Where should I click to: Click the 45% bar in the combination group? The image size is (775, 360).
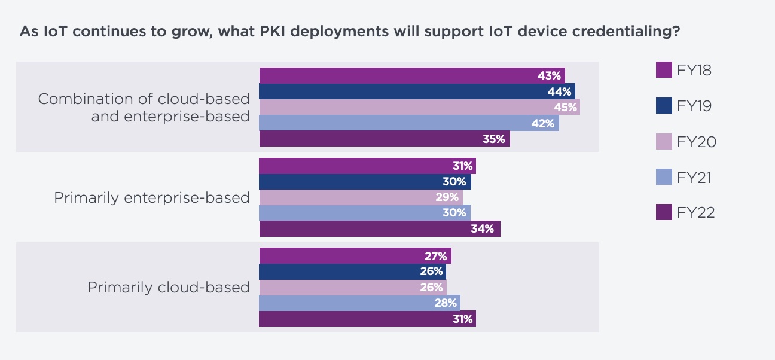tap(419, 107)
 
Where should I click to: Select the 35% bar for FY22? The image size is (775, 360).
tap(384, 139)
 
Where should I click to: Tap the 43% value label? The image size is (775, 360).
tap(549, 76)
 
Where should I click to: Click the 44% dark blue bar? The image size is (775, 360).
tap(416, 91)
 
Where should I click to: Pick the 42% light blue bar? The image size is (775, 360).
tap(408, 123)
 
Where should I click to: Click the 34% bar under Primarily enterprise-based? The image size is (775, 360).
tap(379, 228)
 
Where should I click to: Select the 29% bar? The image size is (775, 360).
tap(361, 197)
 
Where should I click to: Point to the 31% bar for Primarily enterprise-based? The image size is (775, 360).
tap(367, 166)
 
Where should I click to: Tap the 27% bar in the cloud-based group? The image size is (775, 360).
tap(355, 256)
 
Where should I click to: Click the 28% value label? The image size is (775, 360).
tap(446, 303)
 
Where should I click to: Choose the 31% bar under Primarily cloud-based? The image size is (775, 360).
tap(367, 319)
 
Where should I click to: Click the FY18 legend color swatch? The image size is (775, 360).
tap(664, 70)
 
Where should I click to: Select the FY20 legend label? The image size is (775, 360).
tap(697, 142)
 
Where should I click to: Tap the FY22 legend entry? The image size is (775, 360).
tap(696, 213)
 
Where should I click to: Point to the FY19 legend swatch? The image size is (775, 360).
tap(664, 106)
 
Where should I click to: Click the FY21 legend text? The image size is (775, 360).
tap(695, 178)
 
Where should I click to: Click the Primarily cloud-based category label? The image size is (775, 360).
tap(168, 287)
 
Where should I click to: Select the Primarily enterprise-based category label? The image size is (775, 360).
tap(151, 197)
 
